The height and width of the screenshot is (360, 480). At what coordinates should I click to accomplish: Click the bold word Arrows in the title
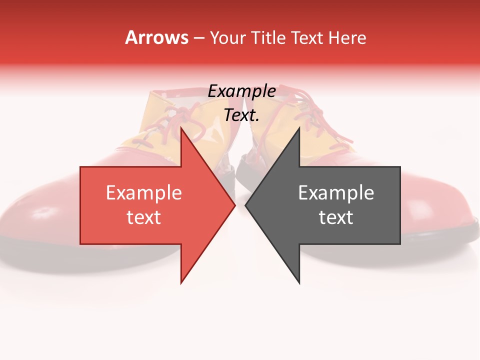pyautogui.click(x=156, y=37)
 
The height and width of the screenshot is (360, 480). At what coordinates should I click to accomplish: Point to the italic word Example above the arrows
pyautogui.click(x=242, y=91)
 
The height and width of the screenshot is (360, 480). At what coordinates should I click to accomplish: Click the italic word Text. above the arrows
pyautogui.click(x=242, y=115)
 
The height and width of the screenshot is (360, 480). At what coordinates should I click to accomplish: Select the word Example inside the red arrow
pyautogui.click(x=144, y=193)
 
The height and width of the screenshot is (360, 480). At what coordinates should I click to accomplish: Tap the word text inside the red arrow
pyautogui.click(x=144, y=217)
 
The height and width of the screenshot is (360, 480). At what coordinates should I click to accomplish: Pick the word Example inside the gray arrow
pyautogui.click(x=336, y=193)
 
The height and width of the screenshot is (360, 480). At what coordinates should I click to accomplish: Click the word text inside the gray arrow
pyautogui.click(x=336, y=217)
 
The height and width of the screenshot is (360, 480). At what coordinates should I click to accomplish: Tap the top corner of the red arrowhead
pyautogui.click(x=181, y=128)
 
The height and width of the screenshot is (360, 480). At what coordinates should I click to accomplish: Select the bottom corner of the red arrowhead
pyautogui.click(x=181, y=282)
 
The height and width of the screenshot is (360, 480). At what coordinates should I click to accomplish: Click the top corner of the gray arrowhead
pyautogui.click(x=299, y=128)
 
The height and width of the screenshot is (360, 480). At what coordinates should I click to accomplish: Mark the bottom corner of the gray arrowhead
pyautogui.click(x=299, y=282)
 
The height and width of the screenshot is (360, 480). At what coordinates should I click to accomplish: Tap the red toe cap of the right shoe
pyautogui.click(x=440, y=210)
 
